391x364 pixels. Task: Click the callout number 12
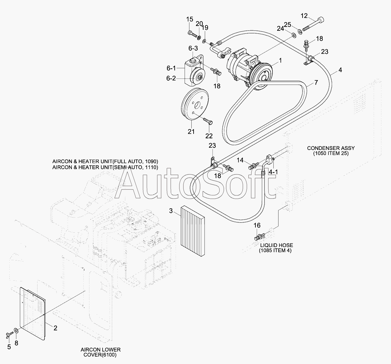tap(304, 16)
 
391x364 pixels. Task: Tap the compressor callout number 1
tap(280, 60)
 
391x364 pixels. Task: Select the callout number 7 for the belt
tap(316, 83)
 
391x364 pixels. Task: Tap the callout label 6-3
tap(193, 48)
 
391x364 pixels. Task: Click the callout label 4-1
tap(273, 172)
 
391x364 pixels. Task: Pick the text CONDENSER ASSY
tap(331, 148)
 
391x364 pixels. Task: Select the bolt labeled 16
tap(259, 237)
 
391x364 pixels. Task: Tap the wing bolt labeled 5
tap(8, 335)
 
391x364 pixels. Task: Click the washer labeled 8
tap(16, 330)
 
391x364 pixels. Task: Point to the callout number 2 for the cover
tap(55, 328)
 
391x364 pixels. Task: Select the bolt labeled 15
tap(191, 33)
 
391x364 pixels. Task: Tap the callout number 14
tap(240, 160)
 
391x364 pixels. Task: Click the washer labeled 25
tap(300, 31)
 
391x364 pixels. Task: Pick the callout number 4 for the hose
tap(340, 70)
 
